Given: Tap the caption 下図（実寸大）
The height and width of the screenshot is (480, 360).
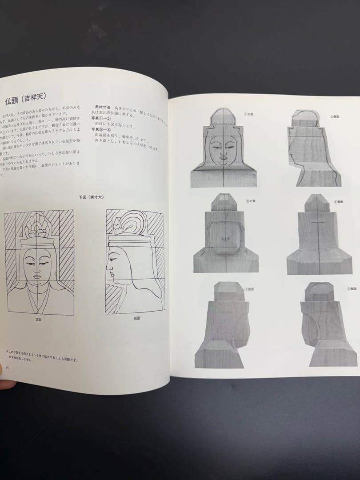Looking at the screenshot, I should tap(92, 196).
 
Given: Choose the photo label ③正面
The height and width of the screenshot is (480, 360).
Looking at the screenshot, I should tap(250, 201).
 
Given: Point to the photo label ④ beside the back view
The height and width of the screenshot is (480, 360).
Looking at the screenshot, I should tap(338, 202).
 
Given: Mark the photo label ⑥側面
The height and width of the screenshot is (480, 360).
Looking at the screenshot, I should tap(351, 289).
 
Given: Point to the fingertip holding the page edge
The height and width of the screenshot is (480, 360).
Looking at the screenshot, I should tap(5, 383).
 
